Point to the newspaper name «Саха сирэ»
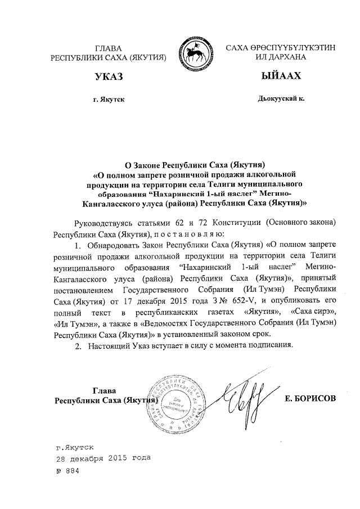click(x=314, y=312)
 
